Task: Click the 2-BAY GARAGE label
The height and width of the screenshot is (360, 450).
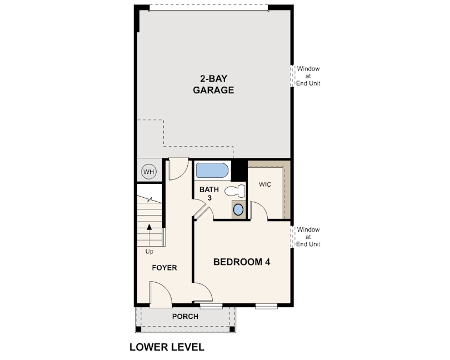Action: point(213,84)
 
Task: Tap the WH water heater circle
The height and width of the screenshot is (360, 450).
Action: point(149,172)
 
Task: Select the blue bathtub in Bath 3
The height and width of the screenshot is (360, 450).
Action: point(212,171)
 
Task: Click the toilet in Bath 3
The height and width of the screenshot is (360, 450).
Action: point(235,191)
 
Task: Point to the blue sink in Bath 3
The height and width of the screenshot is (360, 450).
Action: point(238,209)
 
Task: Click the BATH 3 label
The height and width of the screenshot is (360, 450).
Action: point(209,193)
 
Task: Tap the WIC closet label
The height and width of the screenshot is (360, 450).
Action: point(265,184)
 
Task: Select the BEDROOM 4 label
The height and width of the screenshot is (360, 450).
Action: point(242,262)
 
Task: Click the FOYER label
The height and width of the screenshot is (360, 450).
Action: point(164,268)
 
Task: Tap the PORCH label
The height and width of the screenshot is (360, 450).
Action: point(185,316)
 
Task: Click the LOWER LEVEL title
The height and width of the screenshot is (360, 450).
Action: point(167,347)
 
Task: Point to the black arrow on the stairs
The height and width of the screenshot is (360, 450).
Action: point(149,236)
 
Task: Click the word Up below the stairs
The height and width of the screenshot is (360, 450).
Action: point(149,252)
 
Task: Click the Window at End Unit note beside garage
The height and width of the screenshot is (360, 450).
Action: point(308,76)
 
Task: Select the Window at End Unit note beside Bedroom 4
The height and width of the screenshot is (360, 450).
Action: point(308,237)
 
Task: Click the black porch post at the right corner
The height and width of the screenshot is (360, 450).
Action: point(232,329)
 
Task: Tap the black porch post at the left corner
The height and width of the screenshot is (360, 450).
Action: point(138,329)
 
